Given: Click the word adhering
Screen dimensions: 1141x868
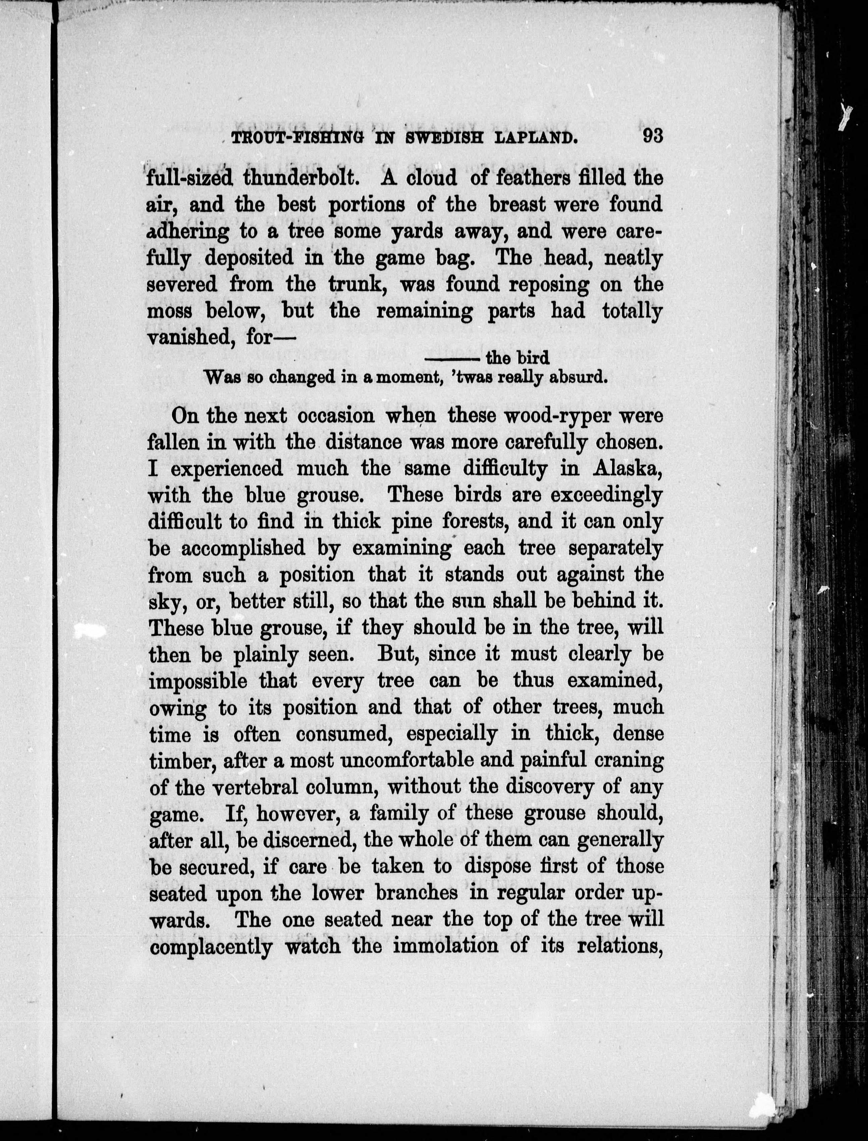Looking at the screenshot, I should (x=187, y=232).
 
